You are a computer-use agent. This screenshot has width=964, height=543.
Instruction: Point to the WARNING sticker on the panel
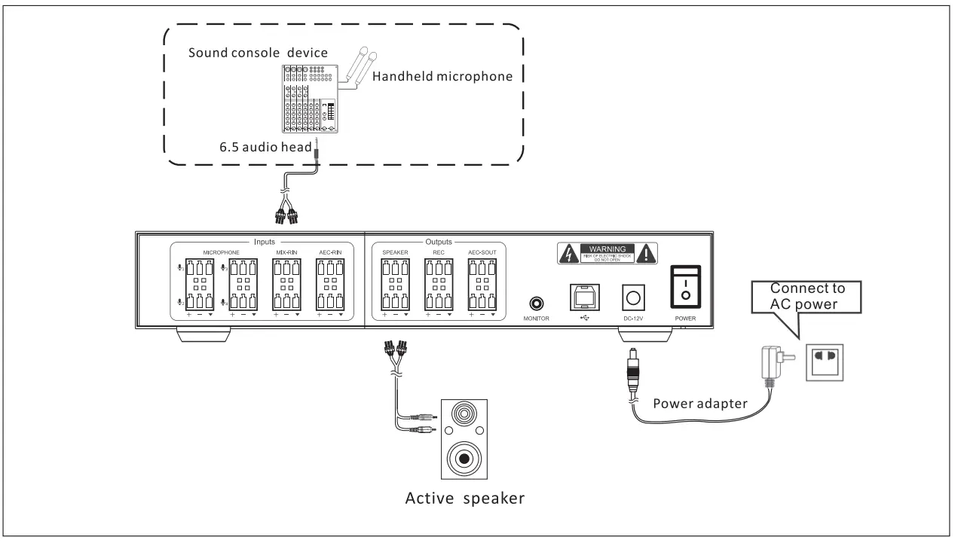[606, 255]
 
